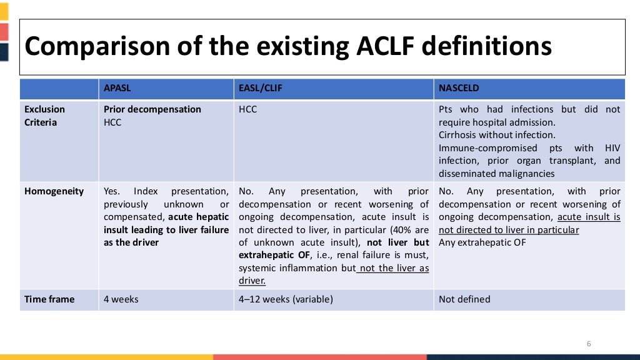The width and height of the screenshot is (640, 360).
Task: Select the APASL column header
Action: coord(119,88)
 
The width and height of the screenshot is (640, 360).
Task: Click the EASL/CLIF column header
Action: coord(261,88)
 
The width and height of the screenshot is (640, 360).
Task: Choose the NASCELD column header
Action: coord(459,88)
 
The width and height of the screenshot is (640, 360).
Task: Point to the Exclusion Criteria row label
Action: coord(44,116)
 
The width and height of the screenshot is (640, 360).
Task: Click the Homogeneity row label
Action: coord(54,191)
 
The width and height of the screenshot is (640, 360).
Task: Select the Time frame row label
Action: coord(49,299)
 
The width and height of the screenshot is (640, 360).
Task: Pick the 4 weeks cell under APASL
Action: coord(121,299)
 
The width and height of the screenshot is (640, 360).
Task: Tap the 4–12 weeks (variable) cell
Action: coord(286,299)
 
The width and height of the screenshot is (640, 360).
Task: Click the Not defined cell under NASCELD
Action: coord(464,299)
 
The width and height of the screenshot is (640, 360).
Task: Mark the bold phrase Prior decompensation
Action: coord(152,109)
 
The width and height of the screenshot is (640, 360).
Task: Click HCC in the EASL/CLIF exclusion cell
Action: coord(248,109)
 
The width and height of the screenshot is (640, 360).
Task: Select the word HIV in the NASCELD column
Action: coord(612,148)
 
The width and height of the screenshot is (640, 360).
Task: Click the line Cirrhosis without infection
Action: coord(497,135)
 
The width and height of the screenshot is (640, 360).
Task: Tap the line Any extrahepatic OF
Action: coord(482,242)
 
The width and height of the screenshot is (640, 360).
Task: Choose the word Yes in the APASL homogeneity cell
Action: coord(112,191)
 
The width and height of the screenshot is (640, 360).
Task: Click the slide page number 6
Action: coord(588,344)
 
